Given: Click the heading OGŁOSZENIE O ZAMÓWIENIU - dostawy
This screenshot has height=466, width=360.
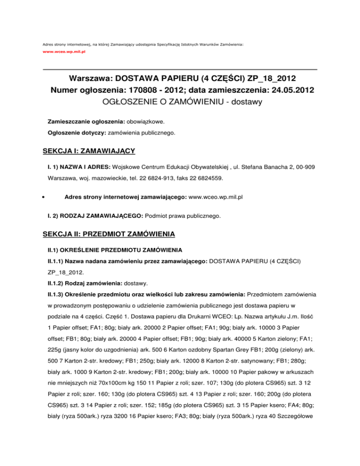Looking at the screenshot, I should (x=180, y=101).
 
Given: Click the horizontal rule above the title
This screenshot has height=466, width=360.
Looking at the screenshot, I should (x=180, y=70).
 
